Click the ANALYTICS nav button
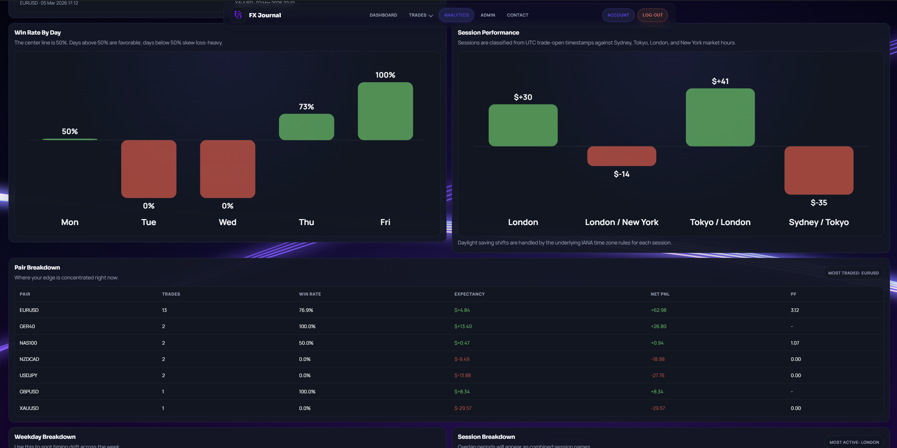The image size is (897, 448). [x=456, y=15]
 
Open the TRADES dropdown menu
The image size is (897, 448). [x=420, y=15]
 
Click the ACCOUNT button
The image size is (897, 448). [x=618, y=15]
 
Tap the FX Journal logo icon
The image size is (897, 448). [x=238, y=15]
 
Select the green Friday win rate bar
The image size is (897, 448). [x=385, y=111]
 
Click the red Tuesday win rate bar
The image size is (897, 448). [x=149, y=169]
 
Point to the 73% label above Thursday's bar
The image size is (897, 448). [x=306, y=107]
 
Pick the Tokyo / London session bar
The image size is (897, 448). [x=720, y=117]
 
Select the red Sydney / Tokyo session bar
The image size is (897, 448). [x=819, y=170]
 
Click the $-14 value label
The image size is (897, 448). [x=621, y=174]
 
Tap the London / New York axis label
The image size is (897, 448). [x=621, y=222]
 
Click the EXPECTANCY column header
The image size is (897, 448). [x=469, y=294]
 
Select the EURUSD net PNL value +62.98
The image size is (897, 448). [x=658, y=310]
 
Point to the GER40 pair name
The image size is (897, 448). [x=27, y=326]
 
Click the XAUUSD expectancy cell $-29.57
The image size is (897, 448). [x=463, y=408]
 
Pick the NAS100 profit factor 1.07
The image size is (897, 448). [x=795, y=343]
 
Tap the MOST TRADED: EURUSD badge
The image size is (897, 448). [x=853, y=273]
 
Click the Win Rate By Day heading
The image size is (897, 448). [x=37, y=32]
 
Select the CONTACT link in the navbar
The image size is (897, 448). [x=518, y=15]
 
